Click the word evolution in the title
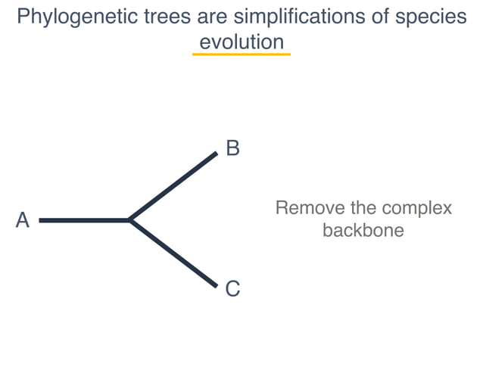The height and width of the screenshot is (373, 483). [241, 42]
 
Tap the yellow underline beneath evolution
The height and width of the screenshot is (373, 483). [241, 54]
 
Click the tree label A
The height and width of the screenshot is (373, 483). [23, 220]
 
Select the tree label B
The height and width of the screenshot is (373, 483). [232, 148]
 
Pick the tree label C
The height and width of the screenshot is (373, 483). [232, 288]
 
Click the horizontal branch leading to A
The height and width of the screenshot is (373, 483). [83, 220]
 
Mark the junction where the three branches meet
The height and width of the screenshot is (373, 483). [130, 220]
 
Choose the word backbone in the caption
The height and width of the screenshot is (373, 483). [363, 230]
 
